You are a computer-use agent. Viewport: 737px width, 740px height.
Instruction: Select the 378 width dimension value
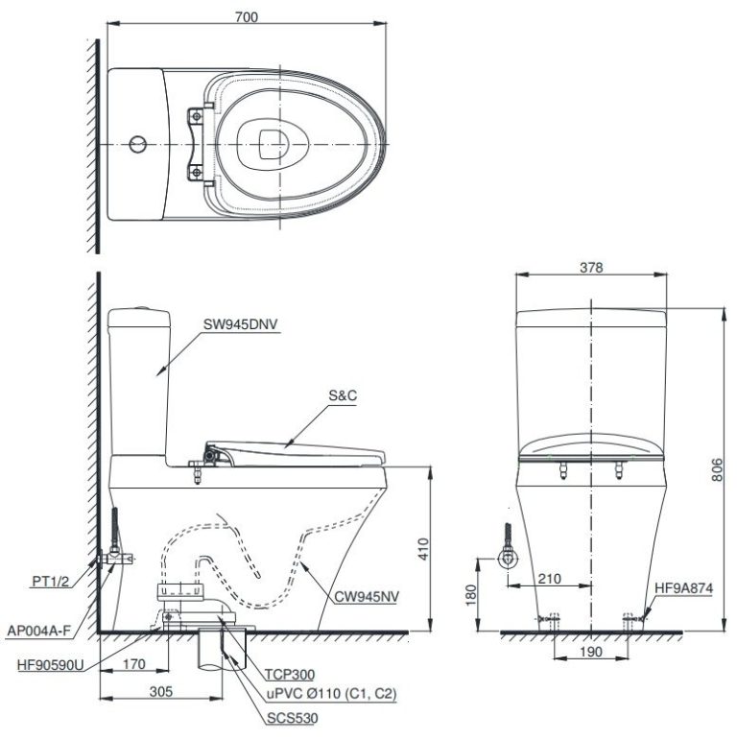click(x=591, y=269)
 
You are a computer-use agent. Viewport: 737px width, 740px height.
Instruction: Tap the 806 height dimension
click(x=719, y=468)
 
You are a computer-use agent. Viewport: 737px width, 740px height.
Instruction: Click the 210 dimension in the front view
click(x=549, y=579)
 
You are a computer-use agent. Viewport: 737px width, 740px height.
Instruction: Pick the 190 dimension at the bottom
click(x=592, y=652)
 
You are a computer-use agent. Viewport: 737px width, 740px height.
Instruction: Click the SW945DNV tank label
click(x=240, y=324)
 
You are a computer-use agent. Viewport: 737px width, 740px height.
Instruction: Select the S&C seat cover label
click(x=342, y=395)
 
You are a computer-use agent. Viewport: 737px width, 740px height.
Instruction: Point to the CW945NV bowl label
click(x=370, y=596)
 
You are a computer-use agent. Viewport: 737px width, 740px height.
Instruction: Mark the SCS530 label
click(x=294, y=716)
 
